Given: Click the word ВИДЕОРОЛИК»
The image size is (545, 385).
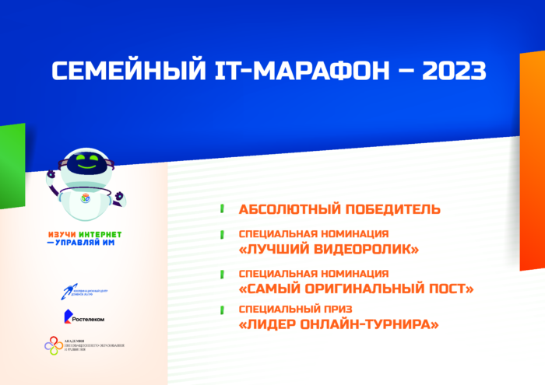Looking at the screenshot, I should (365, 249).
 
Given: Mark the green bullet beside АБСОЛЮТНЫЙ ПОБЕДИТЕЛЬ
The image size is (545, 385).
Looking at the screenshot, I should (222, 209).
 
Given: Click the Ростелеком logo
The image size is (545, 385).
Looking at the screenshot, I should (83, 317).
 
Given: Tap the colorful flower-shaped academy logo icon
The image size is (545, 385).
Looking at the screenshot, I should (52, 345).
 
